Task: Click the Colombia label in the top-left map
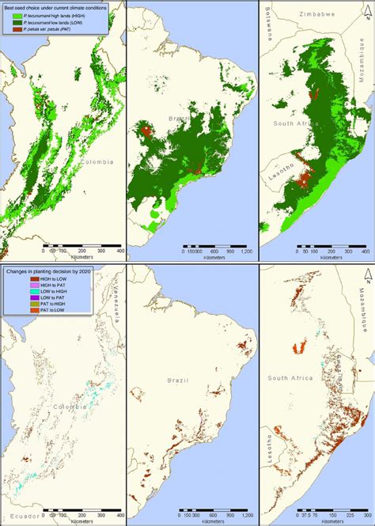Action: point(97,161)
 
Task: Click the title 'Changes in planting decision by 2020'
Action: point(56,271)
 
